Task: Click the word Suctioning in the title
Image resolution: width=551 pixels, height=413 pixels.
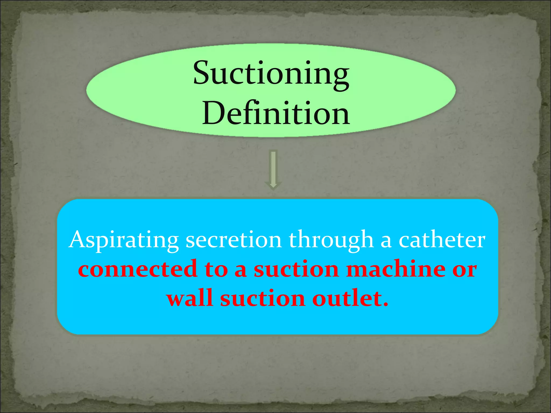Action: click(271, 73)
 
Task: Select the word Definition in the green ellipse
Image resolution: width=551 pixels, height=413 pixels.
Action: click(276, 113)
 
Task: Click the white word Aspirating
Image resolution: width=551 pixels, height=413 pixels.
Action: click(123, 240)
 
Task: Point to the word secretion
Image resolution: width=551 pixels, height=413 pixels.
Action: click(234, 240)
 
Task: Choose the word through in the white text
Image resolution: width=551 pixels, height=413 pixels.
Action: click(331, 240)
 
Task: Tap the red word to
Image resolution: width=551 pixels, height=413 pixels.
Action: click(216, 270)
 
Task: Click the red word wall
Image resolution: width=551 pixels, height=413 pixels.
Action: click(190, 298)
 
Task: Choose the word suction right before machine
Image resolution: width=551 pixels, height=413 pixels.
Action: click(296, 270)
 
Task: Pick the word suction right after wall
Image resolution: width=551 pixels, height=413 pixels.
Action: click(263, 299)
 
